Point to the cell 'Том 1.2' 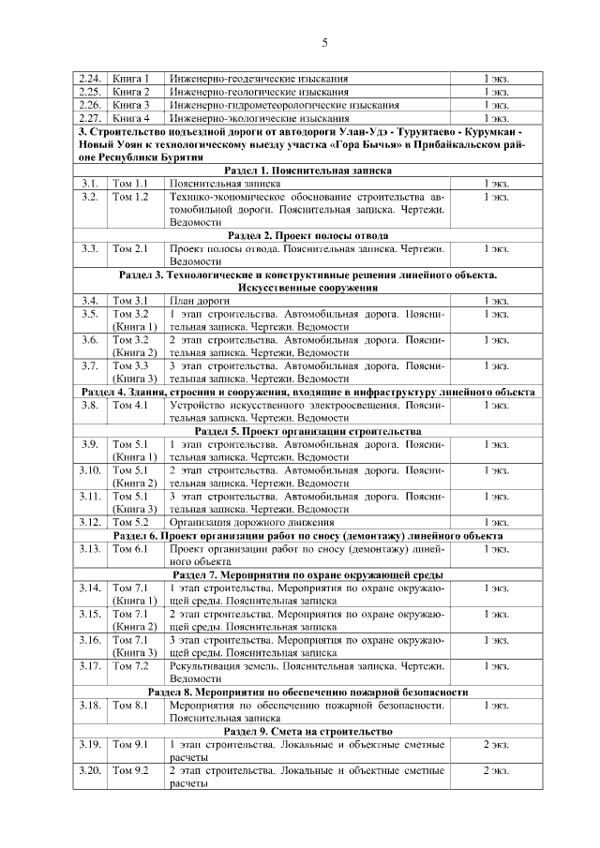130,198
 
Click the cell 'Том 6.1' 130,548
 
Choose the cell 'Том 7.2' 130,665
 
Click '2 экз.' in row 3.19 496,744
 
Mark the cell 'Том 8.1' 130,705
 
